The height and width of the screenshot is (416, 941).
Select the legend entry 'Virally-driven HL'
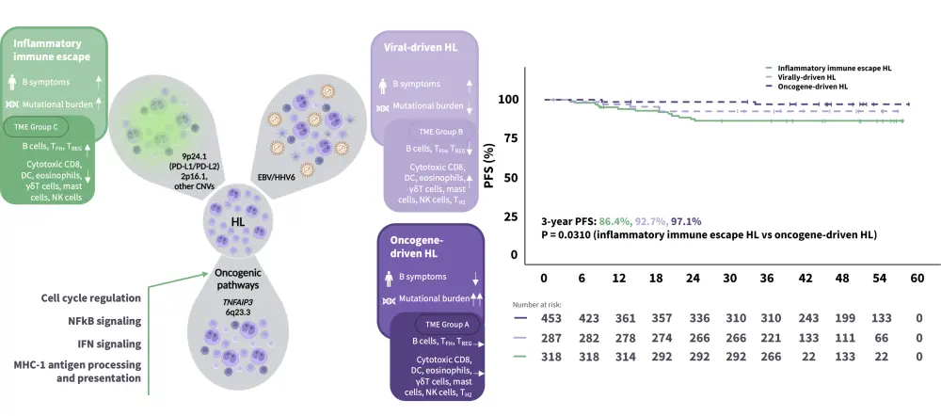[807, 76]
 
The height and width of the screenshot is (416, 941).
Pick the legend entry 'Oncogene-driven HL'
[812, 86]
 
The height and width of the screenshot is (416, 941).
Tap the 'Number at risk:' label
[542, 305]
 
